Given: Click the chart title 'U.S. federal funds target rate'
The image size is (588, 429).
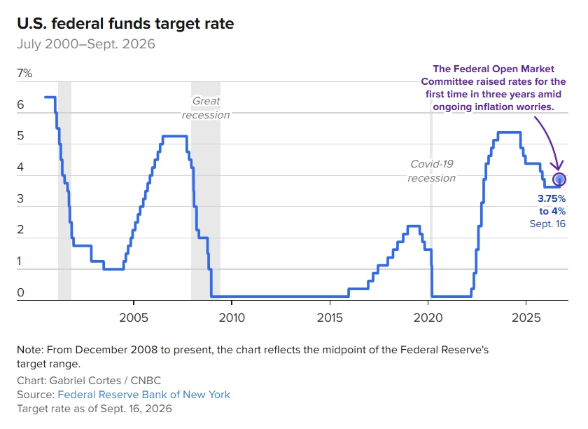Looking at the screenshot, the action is tap(125, 24).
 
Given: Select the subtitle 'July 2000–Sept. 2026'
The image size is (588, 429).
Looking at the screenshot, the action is tap(86, 44).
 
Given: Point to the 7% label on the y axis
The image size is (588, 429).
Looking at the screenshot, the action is tap(24, 73).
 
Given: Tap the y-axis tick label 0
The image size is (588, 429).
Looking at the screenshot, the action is tap(20, 292).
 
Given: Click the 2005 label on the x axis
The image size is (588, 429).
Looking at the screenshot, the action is tap(134, 318).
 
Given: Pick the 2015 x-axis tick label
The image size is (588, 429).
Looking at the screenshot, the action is tap(330, 318).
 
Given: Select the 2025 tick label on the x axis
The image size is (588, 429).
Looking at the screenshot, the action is tap(526, 318).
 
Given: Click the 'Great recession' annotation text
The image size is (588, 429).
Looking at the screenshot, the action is tap(206, 108).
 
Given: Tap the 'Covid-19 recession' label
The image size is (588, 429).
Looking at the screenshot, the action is tap(432, 171).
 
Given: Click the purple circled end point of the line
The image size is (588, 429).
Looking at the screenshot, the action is tap(559, 179).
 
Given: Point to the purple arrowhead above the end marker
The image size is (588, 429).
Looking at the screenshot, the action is tap(558, 166).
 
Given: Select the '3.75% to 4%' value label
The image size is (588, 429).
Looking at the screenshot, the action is tap(552, 205).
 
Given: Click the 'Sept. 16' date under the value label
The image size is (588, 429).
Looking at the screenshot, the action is tap(547, 224).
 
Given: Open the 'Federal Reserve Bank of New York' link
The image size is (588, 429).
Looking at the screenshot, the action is tap(144, 395).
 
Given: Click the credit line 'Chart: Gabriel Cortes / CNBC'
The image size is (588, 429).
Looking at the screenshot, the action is tap(89, 381).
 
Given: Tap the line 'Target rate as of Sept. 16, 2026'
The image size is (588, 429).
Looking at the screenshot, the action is tap(94, 409).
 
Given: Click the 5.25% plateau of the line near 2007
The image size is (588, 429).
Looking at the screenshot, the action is tap(175, 136).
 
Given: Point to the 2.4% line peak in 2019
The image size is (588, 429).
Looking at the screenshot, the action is tap(414, 226).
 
